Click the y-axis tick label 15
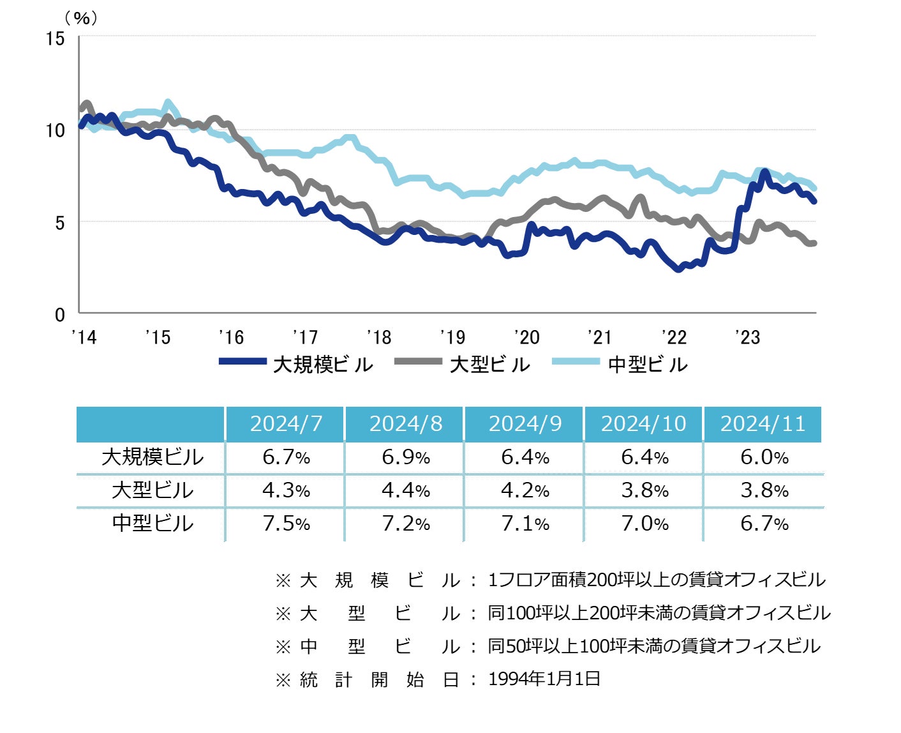coord(56,39)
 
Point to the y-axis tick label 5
coord(59,223)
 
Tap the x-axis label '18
coord(379,337)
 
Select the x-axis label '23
coord(747,337)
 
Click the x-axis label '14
coord(84,337)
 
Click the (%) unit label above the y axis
coord(81,19)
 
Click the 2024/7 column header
coord(286,424)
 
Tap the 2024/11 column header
coord(763,424)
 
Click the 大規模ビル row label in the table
coord(153,457)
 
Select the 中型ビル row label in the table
coord(153,523)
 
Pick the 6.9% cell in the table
coord(406,457)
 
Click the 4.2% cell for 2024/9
coord(525,490)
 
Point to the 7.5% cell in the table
coord(286,524)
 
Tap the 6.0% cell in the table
coord(764,457)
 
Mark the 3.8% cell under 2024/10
coord(644,490)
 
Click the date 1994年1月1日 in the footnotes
coord(544,679)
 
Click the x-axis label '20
coord(526,337)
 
